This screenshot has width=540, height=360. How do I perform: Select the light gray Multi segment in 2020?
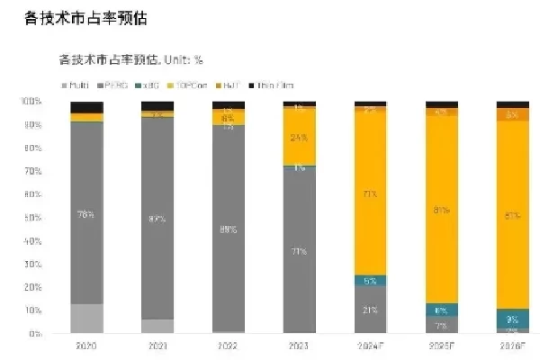point(86,318)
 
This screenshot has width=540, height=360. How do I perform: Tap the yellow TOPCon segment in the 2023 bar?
point(299,138)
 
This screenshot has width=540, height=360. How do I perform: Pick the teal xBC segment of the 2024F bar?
point(370,280)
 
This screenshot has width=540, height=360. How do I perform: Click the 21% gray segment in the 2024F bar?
point(370,310)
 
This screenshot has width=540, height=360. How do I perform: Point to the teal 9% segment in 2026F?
point(511,319)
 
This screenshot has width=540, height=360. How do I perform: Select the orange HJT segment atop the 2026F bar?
point(511,114)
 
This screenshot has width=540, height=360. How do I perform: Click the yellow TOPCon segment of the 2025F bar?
point(441,210)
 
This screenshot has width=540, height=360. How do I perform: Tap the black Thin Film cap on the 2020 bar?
point(86,107)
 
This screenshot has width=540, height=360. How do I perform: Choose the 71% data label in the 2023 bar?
point(299,252)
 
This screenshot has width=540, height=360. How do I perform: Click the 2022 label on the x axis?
point(228,346)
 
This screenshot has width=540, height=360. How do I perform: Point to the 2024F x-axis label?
point(370,346)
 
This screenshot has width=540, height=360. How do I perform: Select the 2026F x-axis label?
point(511,346)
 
